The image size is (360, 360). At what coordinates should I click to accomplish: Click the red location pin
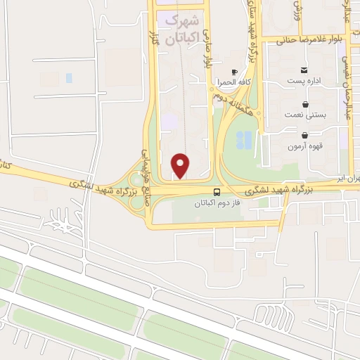pos(181,165)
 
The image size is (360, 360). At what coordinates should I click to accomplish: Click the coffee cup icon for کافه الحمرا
pos(234,72)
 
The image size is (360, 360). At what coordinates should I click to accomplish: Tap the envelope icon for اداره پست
pos(304,70)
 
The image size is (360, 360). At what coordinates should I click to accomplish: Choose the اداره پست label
pos(304,80)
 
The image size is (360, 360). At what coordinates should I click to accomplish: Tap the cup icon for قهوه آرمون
pos(304,135)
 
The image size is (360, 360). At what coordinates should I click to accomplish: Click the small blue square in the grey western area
pos(69,77)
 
